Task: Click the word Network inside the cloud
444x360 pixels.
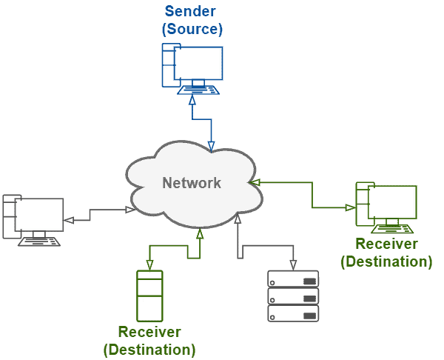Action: point(192,183)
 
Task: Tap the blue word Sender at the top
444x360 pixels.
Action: point(192,12)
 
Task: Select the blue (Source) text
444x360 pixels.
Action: point(192,30)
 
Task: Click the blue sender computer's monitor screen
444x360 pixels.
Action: point(198,63)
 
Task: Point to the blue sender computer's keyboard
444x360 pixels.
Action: point(198,90)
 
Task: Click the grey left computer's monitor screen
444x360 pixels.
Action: point(39,215)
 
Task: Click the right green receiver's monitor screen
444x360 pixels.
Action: point(392,201)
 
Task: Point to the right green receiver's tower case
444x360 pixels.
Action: point(361,204)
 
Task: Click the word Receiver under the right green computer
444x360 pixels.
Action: point(387,244)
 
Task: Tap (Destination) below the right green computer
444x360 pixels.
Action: point(386,261)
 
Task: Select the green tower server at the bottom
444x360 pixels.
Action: point(150,296)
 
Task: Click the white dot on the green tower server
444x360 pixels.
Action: point(141,300)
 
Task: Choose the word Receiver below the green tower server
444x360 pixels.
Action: point(149,331)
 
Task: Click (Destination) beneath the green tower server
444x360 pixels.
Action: point(149,349)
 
